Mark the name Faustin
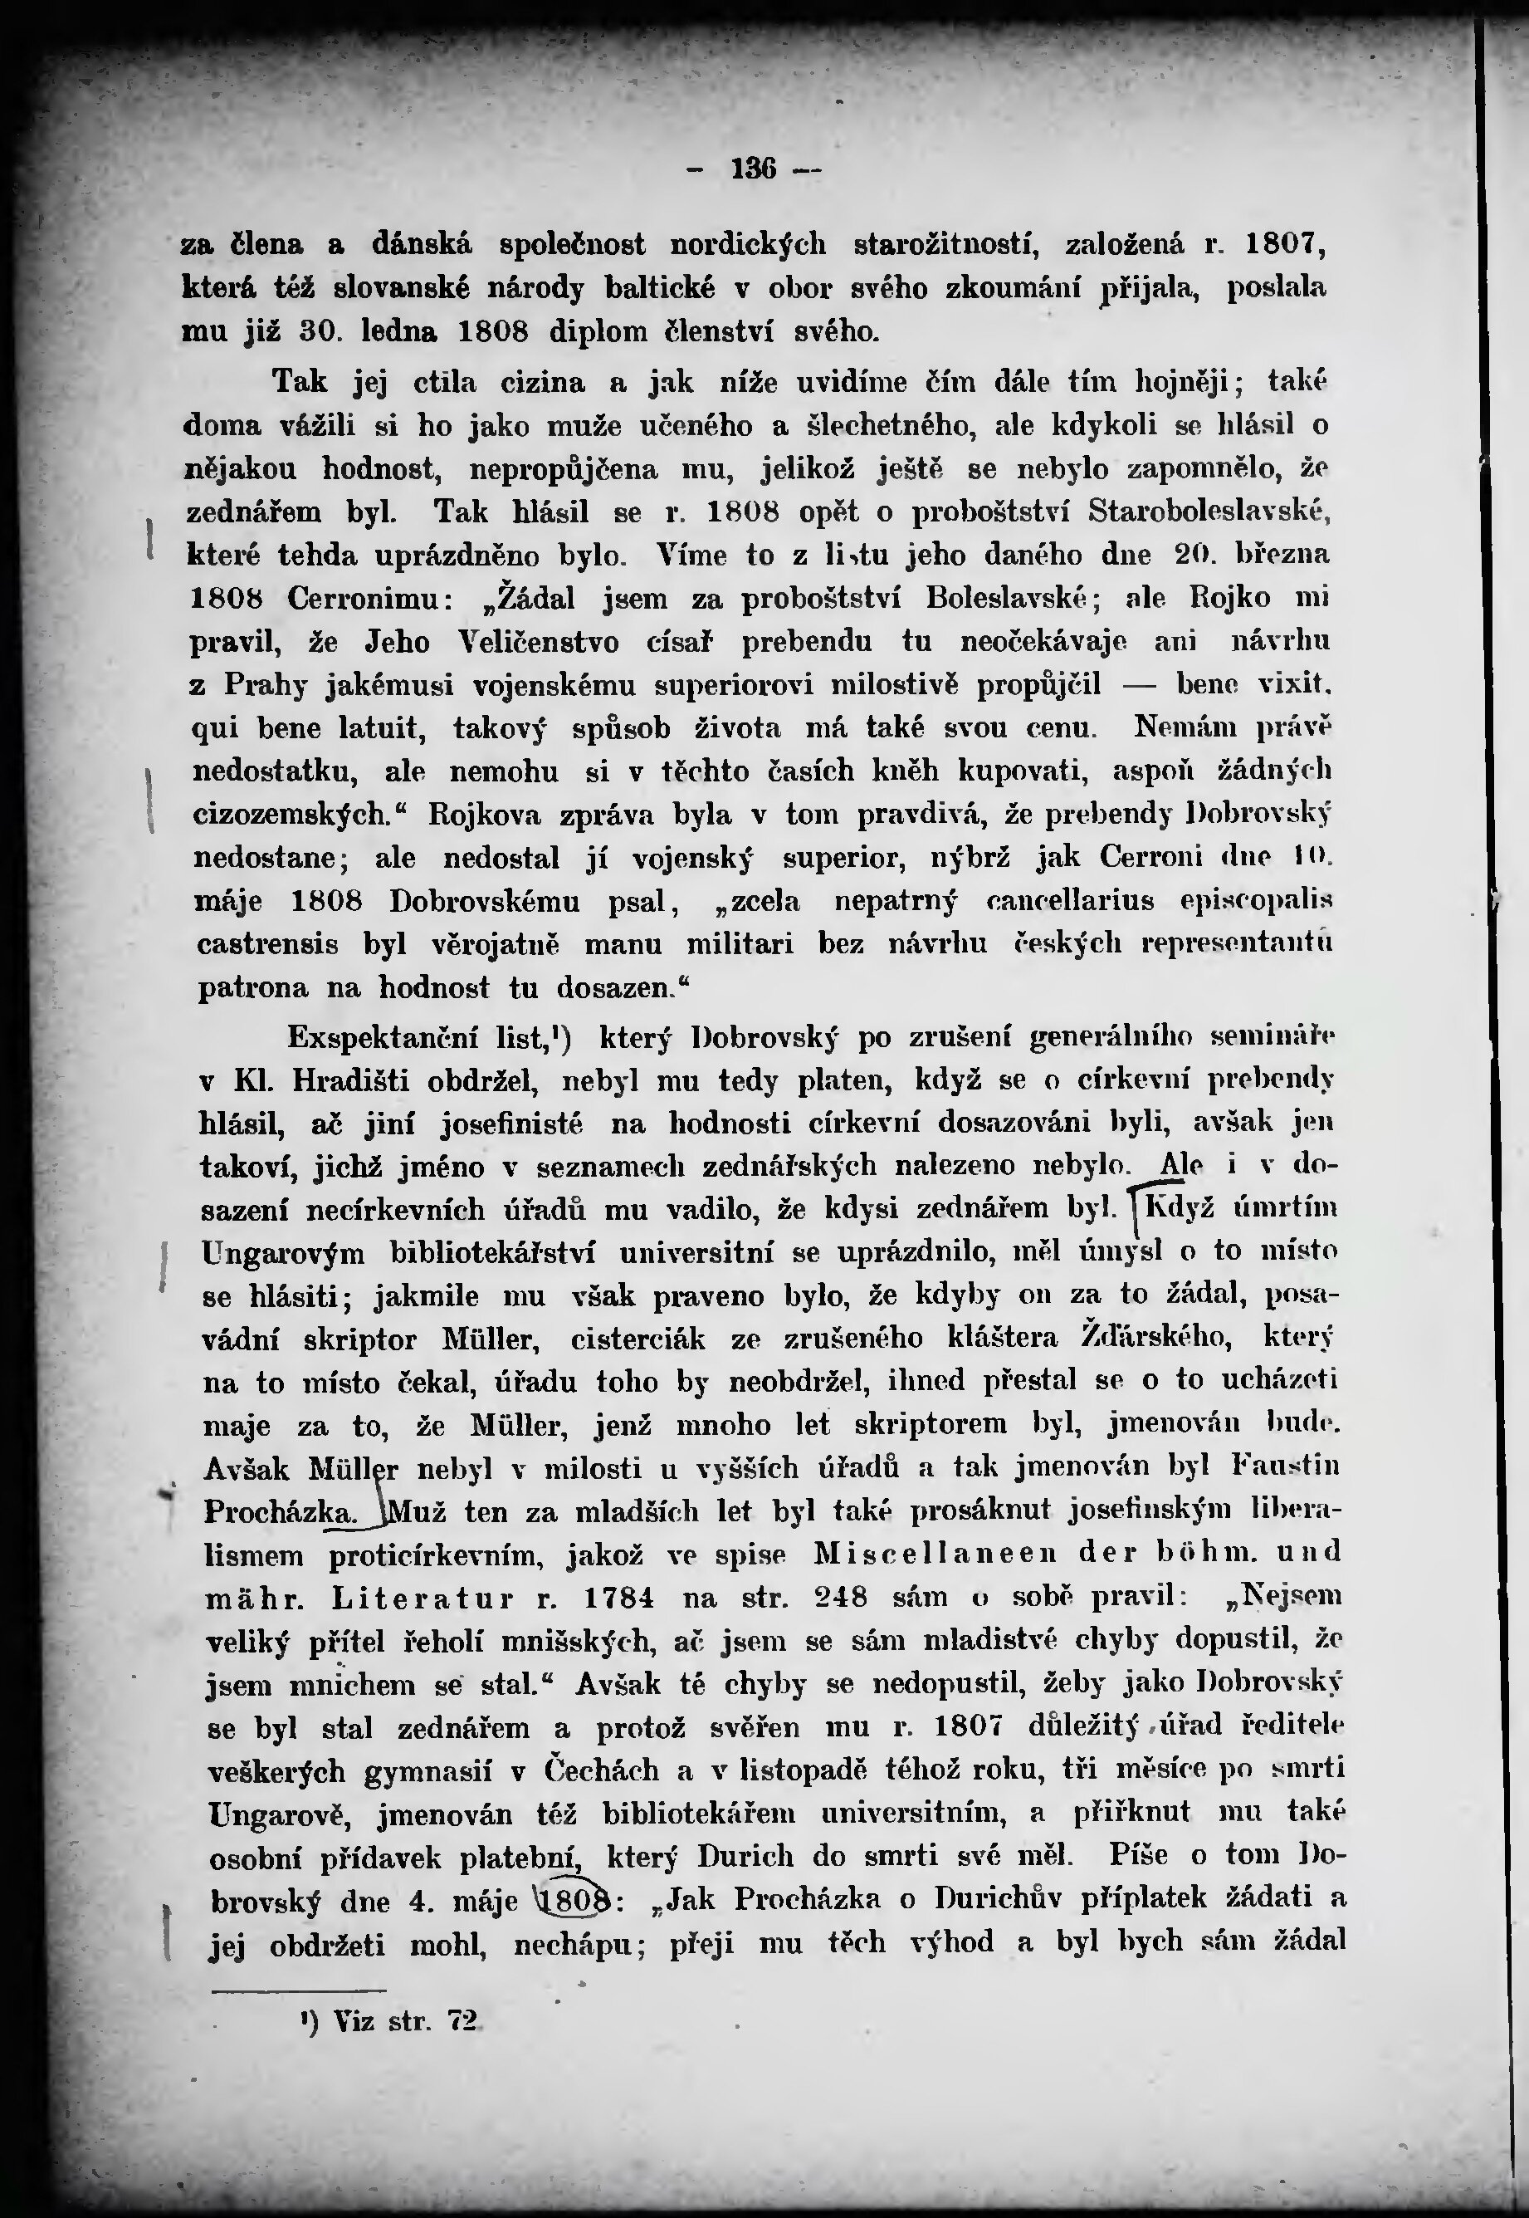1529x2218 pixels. (x=1286, y=1466)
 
